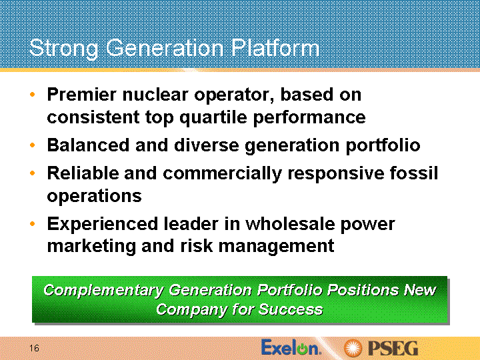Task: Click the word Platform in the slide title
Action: click(275, 48)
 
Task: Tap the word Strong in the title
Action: click(64, 49)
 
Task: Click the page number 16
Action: click(34, 348)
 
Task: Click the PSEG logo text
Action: click(393, 349)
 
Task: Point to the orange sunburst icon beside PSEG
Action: click(353, 349)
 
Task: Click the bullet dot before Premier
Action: click(33, 94)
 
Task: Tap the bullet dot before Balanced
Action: click(33, 145)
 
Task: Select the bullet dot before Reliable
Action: click(33, 173)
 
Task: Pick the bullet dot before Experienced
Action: click(33, 224)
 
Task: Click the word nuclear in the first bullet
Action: click(155, 94)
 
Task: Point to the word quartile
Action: click(213, 117)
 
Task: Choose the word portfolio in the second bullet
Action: click(383, 145)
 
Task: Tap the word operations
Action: click(94, 196)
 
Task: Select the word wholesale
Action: click(289, 224)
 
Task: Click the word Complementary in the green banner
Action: click(103, 290)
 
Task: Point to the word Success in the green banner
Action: click(291, 309)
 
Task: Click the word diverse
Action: click(206, 145)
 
